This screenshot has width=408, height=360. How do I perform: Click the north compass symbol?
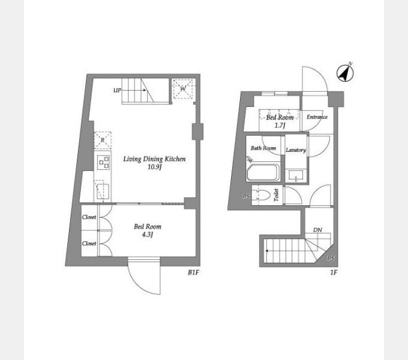pyautogui.click(x=345, y=73)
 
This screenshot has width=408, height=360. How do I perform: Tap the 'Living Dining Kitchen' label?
pyautogui.click(x=154, y=159)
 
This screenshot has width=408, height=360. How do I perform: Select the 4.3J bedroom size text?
pyautogui.click(x=147, y=235)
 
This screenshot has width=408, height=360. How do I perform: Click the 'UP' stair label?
pyautogui.click(x=117, y=91)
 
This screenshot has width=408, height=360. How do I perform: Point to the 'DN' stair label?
pyautogui.click(x=317, y=230)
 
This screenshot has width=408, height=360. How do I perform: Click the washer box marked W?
pyautogui.click(x=183, y=89)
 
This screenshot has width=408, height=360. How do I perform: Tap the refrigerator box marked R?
pyautogui.click(x=103, y=140)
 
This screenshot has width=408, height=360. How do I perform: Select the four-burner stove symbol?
pyautogui.click(x=103, y=162)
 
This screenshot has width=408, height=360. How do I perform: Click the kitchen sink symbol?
pyautogui.click(x=103, y=191)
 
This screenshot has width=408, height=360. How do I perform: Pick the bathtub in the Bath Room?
pyautogui.click(x=263, y=172)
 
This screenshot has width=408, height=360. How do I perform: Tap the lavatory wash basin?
pyautogui.click(x=296, y=175)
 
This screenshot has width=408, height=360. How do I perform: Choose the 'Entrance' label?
pyautogui.click(x=317, y=117)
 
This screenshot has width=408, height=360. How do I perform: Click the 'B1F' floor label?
pyautogui.click(x=193, y=272)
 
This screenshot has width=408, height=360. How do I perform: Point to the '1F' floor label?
pyautogui.click(x=334, y=272)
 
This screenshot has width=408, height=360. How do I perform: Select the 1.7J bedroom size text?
pyautogui.click(x=280, y=125)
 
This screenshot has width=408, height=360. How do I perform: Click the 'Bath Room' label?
pyautogui.click(x=263, y=148)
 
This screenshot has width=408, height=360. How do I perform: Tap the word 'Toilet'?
pyautogui.click(x=277, y=195)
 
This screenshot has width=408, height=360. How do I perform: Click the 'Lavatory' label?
pyautogui.click(x=296, y=150)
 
